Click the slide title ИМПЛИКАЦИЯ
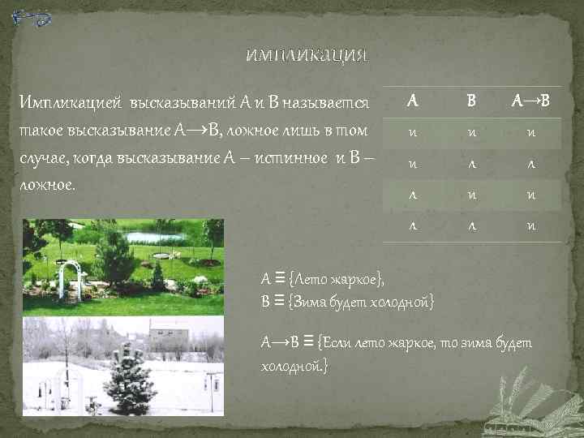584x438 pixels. (x=307, y=56)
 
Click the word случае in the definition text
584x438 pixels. (x=43, y=157)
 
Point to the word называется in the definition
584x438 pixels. (x=332, y=102)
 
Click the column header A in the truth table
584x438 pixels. (x=413, y=101)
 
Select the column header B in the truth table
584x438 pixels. (x=471, y=101)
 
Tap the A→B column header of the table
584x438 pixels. (x=530, y=101)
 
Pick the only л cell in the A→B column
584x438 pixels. (x=530, y=163)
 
